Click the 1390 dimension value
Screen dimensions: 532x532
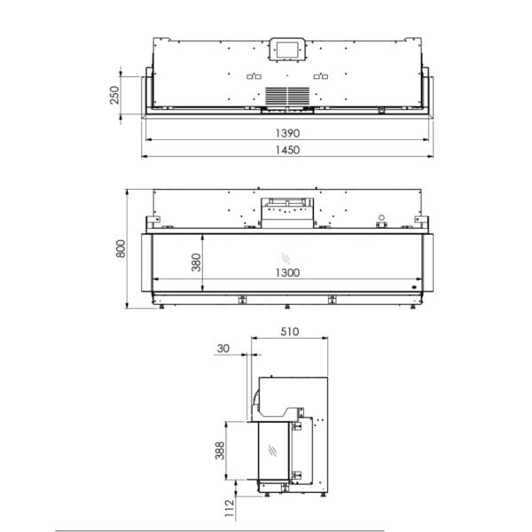click(287, 133)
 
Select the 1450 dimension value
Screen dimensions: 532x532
click(287, 150)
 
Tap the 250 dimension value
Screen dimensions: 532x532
click(114, 95)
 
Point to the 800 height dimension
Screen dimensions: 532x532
click(121, 248)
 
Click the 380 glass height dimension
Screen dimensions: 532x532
click(196, 262)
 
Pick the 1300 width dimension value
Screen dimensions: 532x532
click(287, 273)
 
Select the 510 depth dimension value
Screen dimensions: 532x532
click(289, 332)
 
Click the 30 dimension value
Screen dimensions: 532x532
click(223, 348)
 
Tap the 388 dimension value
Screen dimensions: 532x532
click(220, 450)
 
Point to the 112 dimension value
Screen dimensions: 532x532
click(230, 508)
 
